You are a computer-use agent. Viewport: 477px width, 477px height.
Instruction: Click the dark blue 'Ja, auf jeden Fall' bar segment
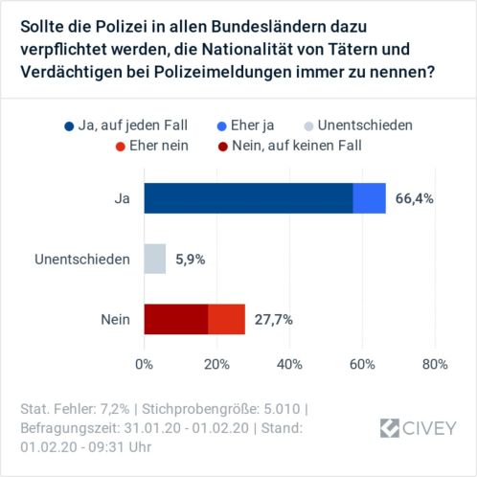click(248, 198)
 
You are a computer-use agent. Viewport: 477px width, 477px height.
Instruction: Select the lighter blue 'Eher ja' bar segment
click(369, 198)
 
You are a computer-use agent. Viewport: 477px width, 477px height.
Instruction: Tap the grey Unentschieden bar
click(154, 259)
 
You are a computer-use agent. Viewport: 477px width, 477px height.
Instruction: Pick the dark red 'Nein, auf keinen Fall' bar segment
click(175, 319)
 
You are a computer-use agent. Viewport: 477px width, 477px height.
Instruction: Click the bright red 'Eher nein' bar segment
click(226, 319)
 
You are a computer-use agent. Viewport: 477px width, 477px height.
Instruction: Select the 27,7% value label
click(272, 320)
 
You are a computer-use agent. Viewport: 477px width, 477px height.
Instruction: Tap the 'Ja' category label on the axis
click(122, 199)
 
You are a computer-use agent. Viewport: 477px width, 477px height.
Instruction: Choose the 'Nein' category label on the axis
click(116, 320)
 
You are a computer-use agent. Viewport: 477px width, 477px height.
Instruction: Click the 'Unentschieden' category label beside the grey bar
click(81, 260)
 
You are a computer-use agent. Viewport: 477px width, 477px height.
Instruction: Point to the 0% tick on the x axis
click(144, 365)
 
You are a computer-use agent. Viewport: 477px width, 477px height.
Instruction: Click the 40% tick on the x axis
click(289, 365)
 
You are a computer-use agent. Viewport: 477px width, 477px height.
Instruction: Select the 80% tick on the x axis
click(435, 365)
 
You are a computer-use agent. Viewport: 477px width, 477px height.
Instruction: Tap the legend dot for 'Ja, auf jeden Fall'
click(68, 125)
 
